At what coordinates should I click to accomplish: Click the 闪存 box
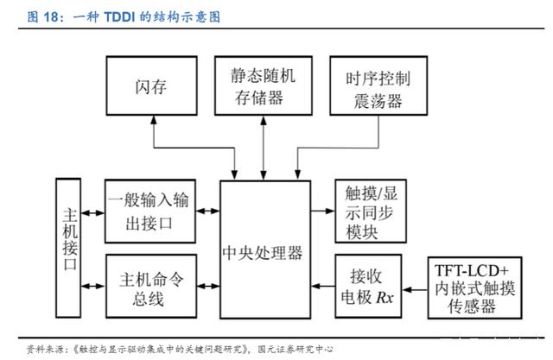(152, 85)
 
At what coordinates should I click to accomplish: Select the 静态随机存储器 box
(264, 85)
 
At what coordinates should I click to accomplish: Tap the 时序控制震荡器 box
(378, 85)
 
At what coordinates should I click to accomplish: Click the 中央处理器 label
(263, 253)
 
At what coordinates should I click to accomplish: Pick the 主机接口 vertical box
(68, 248)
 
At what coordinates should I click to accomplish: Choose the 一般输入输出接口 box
(150, 212)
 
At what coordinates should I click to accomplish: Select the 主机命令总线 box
(151, 286)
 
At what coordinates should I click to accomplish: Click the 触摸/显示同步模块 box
(371, 212)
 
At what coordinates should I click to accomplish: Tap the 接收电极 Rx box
(368, 286)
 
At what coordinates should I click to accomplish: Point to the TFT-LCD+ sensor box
(474, 287)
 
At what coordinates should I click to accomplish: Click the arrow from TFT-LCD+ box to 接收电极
(415, 290)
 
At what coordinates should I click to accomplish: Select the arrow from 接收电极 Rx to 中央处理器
(323, 286)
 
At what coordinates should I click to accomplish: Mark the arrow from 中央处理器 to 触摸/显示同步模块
(322, 211)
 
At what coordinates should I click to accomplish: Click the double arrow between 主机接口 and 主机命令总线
(93, 286)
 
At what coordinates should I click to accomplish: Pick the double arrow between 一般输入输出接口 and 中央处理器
(208, 211)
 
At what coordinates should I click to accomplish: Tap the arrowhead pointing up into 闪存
(154, 119)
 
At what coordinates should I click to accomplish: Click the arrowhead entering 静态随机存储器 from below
(264, 120)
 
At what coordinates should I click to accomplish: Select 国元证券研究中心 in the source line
(296, 349)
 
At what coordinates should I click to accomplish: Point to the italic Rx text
(385, 298)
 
